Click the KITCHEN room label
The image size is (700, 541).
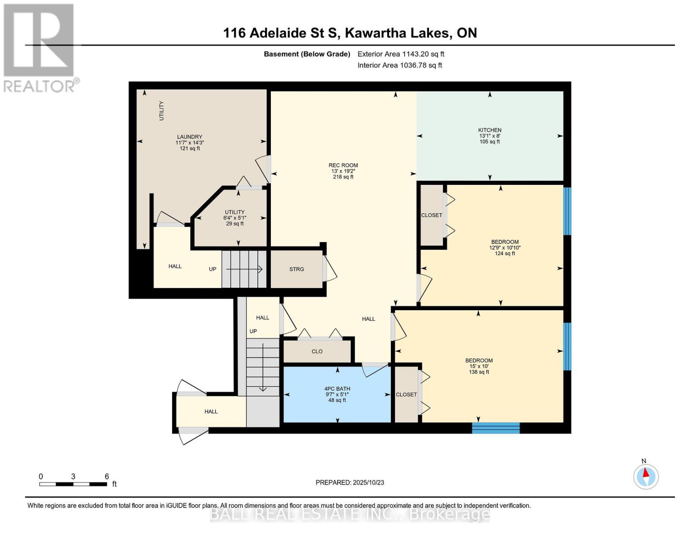pos(490,130)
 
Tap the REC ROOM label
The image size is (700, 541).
pos(343,165)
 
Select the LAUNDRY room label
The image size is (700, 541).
pos(189,137)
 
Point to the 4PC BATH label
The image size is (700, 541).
pos(337,389)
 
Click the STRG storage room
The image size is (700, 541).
pos(297,269)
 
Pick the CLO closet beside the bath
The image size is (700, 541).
pos(317,351)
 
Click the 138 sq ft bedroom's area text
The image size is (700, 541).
pos(479,372)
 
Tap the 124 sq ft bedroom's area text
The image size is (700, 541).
pos(505,253)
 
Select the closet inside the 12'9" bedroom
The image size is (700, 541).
pos(431,215)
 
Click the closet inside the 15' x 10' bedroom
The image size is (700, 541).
pos(406,394)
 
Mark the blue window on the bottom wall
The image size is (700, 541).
pos(495,428)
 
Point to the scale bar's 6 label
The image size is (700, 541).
pos(107,477)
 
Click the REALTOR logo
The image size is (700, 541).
pos(40,48)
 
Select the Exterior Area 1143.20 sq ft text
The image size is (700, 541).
pos(401,54)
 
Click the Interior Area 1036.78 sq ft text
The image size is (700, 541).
pos(399,65)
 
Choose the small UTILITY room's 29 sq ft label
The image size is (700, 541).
pos(235,224)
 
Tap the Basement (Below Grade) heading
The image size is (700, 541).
pos(307,54)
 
